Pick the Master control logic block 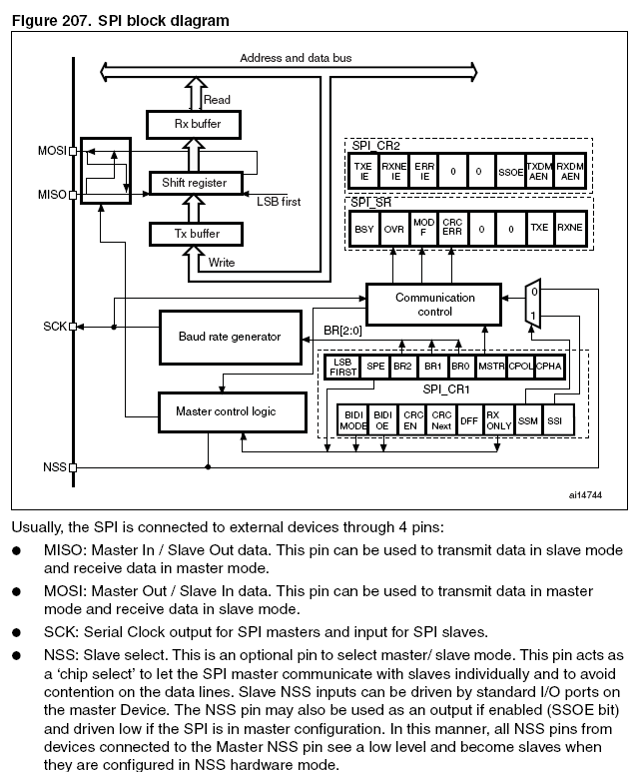pos(226,410)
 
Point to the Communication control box pos(435,304)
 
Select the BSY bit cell pos(364,229)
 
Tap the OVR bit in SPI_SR pos(394,229)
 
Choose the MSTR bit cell pos(491,367)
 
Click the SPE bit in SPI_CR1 pos(376,367)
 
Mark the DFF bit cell pos(469,421)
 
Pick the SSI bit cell pos(555,421)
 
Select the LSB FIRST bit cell pos(342,367)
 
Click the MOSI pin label pos(50,151)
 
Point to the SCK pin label pos(54,327)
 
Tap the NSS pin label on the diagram pos(54,466)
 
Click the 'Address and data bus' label pos(296,58)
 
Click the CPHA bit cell pos(549,367)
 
